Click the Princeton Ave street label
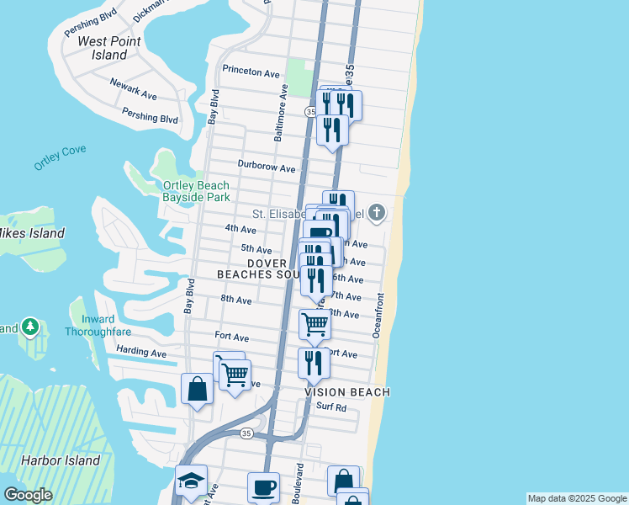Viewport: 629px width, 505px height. coord(251,73)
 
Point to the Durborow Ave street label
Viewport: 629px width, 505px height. coord(267,167)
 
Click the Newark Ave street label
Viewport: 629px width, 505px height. coord(133,89)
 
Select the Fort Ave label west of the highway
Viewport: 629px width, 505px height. coord(232,336)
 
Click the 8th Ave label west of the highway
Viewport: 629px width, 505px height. coord(236,300)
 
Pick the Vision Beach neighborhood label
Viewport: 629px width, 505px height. coord(347,392)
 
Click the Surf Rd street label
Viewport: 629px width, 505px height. coord(331,407)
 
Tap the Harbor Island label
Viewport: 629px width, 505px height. coord(61,460)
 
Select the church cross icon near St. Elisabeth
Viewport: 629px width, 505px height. coord(377,213)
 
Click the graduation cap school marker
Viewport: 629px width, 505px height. coord(191,481)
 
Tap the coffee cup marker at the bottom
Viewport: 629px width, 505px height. coord(263,487)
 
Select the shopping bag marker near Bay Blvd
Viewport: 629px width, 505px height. coord(197,389)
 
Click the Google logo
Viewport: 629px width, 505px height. coord(28,495)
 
